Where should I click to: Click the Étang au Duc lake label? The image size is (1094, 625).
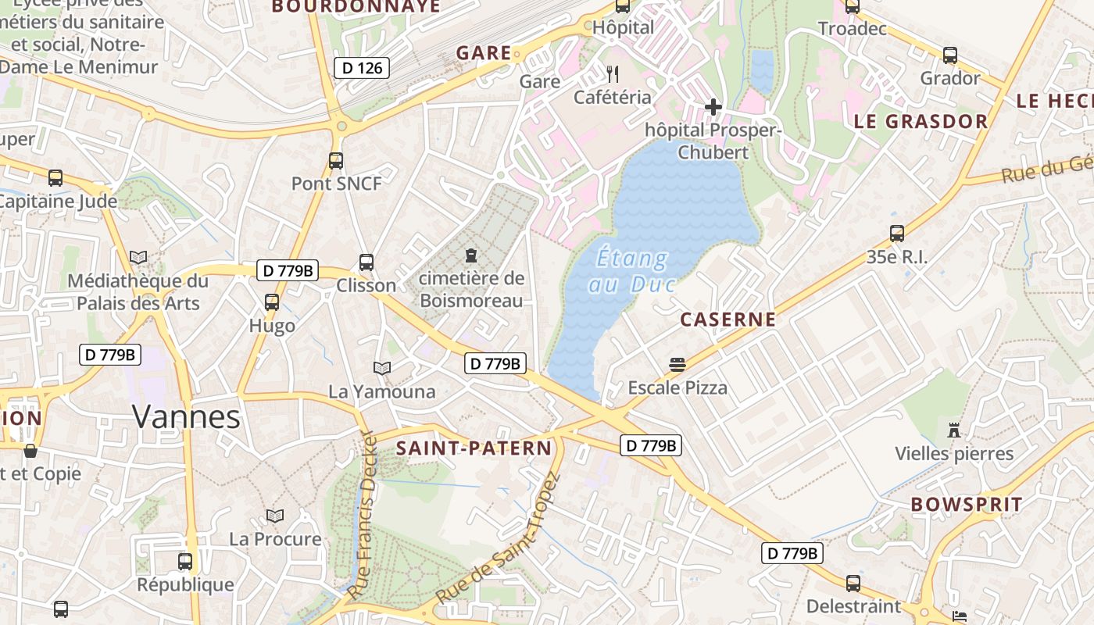pos(631,270)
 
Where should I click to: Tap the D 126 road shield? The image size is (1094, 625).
pos(362,68)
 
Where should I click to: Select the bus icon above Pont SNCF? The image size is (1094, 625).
pos(336,161)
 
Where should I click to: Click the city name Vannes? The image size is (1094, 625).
pos(186,416)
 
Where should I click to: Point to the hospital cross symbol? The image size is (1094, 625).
pos(713,106)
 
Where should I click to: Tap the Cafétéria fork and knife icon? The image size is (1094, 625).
pos(613,74)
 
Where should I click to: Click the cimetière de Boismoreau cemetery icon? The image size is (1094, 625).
pos(471,255)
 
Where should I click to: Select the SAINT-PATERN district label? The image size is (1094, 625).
pos(474,448)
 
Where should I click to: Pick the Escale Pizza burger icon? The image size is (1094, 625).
pos(677,364)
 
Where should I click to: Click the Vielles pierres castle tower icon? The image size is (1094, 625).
pos(953,430)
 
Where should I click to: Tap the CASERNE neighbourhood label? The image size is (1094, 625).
pos(728,320)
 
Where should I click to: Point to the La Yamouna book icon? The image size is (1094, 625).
pos(382,368)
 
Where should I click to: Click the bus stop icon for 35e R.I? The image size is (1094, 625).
pos(897,233)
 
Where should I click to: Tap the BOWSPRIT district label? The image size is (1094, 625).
pos(967,505)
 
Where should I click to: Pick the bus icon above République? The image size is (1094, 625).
pos(185,561)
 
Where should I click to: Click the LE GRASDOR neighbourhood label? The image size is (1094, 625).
pos(921,122)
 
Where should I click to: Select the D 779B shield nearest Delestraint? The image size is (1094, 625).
pos(792,553)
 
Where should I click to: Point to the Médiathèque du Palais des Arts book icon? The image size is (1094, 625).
pos(138,257)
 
